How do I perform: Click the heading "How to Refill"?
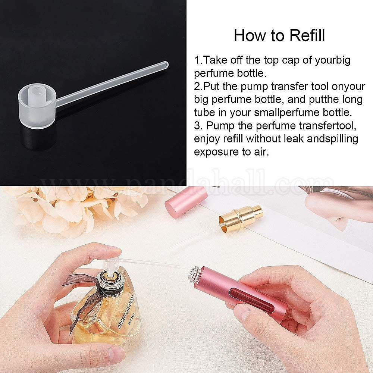click(x=279, y=35)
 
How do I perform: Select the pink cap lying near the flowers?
click(x=186, y=201)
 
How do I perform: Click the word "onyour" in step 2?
click(x=348, y=87)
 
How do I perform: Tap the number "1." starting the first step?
click(x=199, y=60)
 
